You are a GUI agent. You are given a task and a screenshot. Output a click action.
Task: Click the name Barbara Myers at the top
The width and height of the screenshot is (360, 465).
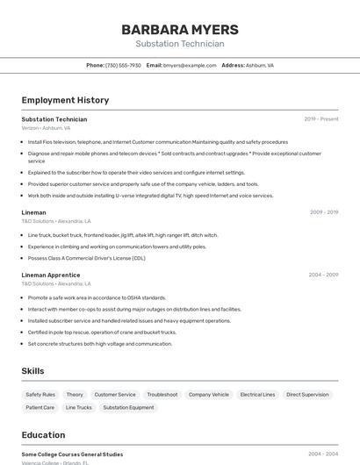(x=179, y=30)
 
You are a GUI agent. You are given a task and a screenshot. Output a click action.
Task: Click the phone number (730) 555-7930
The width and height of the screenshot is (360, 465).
(x=123, y=65)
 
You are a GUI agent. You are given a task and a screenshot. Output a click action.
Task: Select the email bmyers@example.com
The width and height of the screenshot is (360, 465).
(x=190, y=65)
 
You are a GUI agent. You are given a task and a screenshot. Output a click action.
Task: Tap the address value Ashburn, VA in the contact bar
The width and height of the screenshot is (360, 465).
(x=259, y=65)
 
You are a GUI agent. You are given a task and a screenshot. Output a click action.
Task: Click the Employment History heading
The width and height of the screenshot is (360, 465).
(x=65, y=100)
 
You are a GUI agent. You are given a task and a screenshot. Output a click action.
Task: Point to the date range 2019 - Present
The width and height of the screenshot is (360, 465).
(x=320, y=119)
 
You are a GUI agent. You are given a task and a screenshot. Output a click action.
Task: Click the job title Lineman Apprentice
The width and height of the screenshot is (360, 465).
(x=51, y=275)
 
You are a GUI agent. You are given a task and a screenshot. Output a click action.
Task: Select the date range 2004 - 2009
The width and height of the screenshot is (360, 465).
(x=322, y=275)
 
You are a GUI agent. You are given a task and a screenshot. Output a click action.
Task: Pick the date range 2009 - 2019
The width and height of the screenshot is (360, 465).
(x=323, y=212)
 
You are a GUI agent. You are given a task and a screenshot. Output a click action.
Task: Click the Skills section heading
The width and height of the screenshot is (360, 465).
(x=32, y=371)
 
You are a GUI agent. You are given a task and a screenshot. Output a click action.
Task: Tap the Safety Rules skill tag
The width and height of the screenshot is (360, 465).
(x=40, y=395)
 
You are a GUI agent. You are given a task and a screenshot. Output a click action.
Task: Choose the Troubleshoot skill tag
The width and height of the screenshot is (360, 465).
(x=162, y=395)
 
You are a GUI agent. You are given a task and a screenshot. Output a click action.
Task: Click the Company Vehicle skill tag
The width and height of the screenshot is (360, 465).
(x=208, y=395)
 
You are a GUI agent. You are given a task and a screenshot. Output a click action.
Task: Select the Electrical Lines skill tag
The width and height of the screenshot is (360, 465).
(x=257, y=395)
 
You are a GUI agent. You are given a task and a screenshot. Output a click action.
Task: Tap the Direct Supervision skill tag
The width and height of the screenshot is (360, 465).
(x=307, y=395)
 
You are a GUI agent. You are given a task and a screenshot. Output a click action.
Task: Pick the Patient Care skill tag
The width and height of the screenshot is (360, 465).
(x=40, y=407)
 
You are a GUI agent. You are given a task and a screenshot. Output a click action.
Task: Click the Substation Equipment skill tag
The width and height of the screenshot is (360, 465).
(x=128, y=407)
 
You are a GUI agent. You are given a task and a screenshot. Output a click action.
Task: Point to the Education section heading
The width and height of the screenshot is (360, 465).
(x=43, y=435)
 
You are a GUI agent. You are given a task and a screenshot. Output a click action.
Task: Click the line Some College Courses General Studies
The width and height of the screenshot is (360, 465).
(x=72, y=454)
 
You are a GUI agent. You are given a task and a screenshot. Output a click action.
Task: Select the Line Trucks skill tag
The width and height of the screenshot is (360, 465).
(x=78, y=407)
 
